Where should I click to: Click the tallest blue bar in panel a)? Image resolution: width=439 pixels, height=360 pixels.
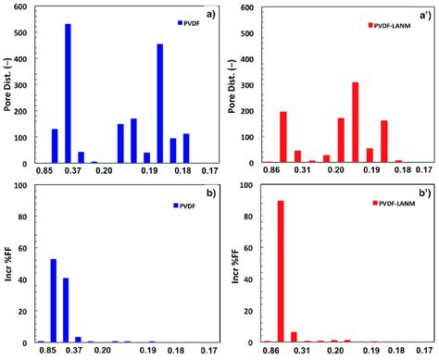[68, 93]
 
